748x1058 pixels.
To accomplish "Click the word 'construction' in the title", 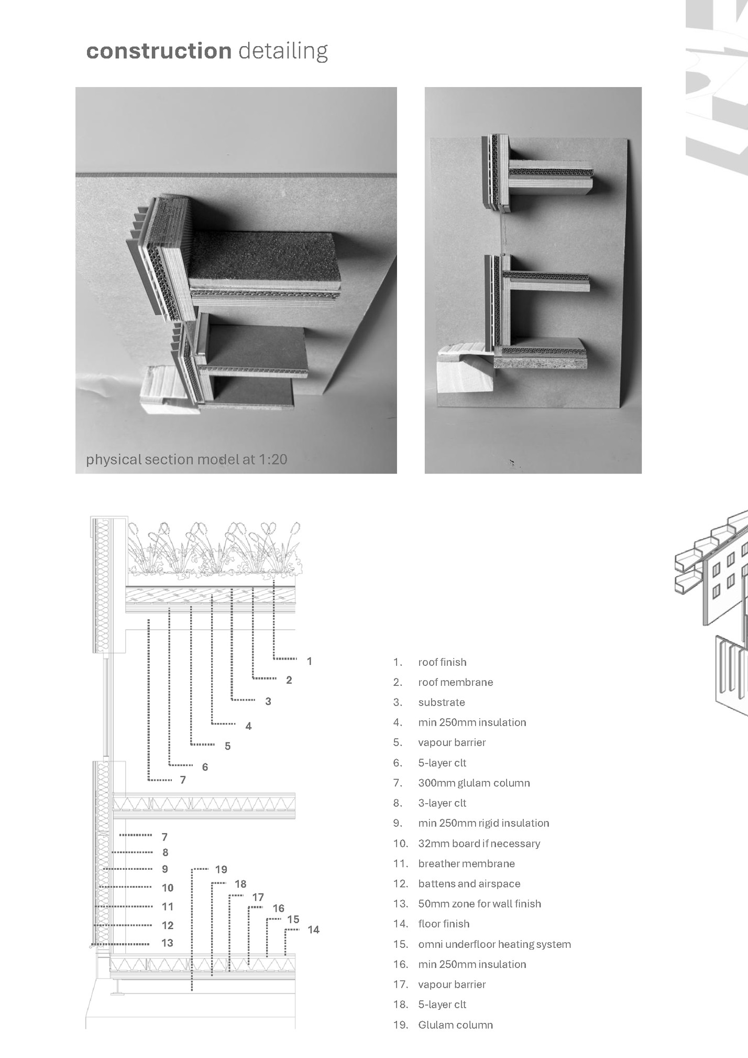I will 159,51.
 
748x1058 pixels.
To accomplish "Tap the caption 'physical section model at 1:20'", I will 186,460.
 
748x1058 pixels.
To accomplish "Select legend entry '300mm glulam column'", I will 474,783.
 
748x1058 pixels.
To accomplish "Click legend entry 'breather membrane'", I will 466,863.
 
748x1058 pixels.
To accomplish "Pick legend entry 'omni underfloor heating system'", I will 494,944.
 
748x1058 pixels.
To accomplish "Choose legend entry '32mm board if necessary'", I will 479,844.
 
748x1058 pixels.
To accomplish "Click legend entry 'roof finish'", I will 442,662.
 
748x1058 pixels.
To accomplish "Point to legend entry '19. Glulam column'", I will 455,1025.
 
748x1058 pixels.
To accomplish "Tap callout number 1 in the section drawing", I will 310,661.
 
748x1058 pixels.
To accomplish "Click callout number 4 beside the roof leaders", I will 248,726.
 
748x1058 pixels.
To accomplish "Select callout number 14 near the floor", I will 313,930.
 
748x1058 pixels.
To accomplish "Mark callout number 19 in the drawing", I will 221,869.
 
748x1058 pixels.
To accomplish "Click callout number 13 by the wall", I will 167,943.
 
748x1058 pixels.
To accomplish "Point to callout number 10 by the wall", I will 167,888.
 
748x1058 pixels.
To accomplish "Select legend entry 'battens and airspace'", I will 469,884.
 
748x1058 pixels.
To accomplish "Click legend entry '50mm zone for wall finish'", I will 479,904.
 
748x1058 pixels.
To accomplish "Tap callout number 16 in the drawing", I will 278,908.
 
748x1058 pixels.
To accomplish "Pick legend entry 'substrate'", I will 441,703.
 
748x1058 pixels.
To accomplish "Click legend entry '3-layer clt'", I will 442,803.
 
